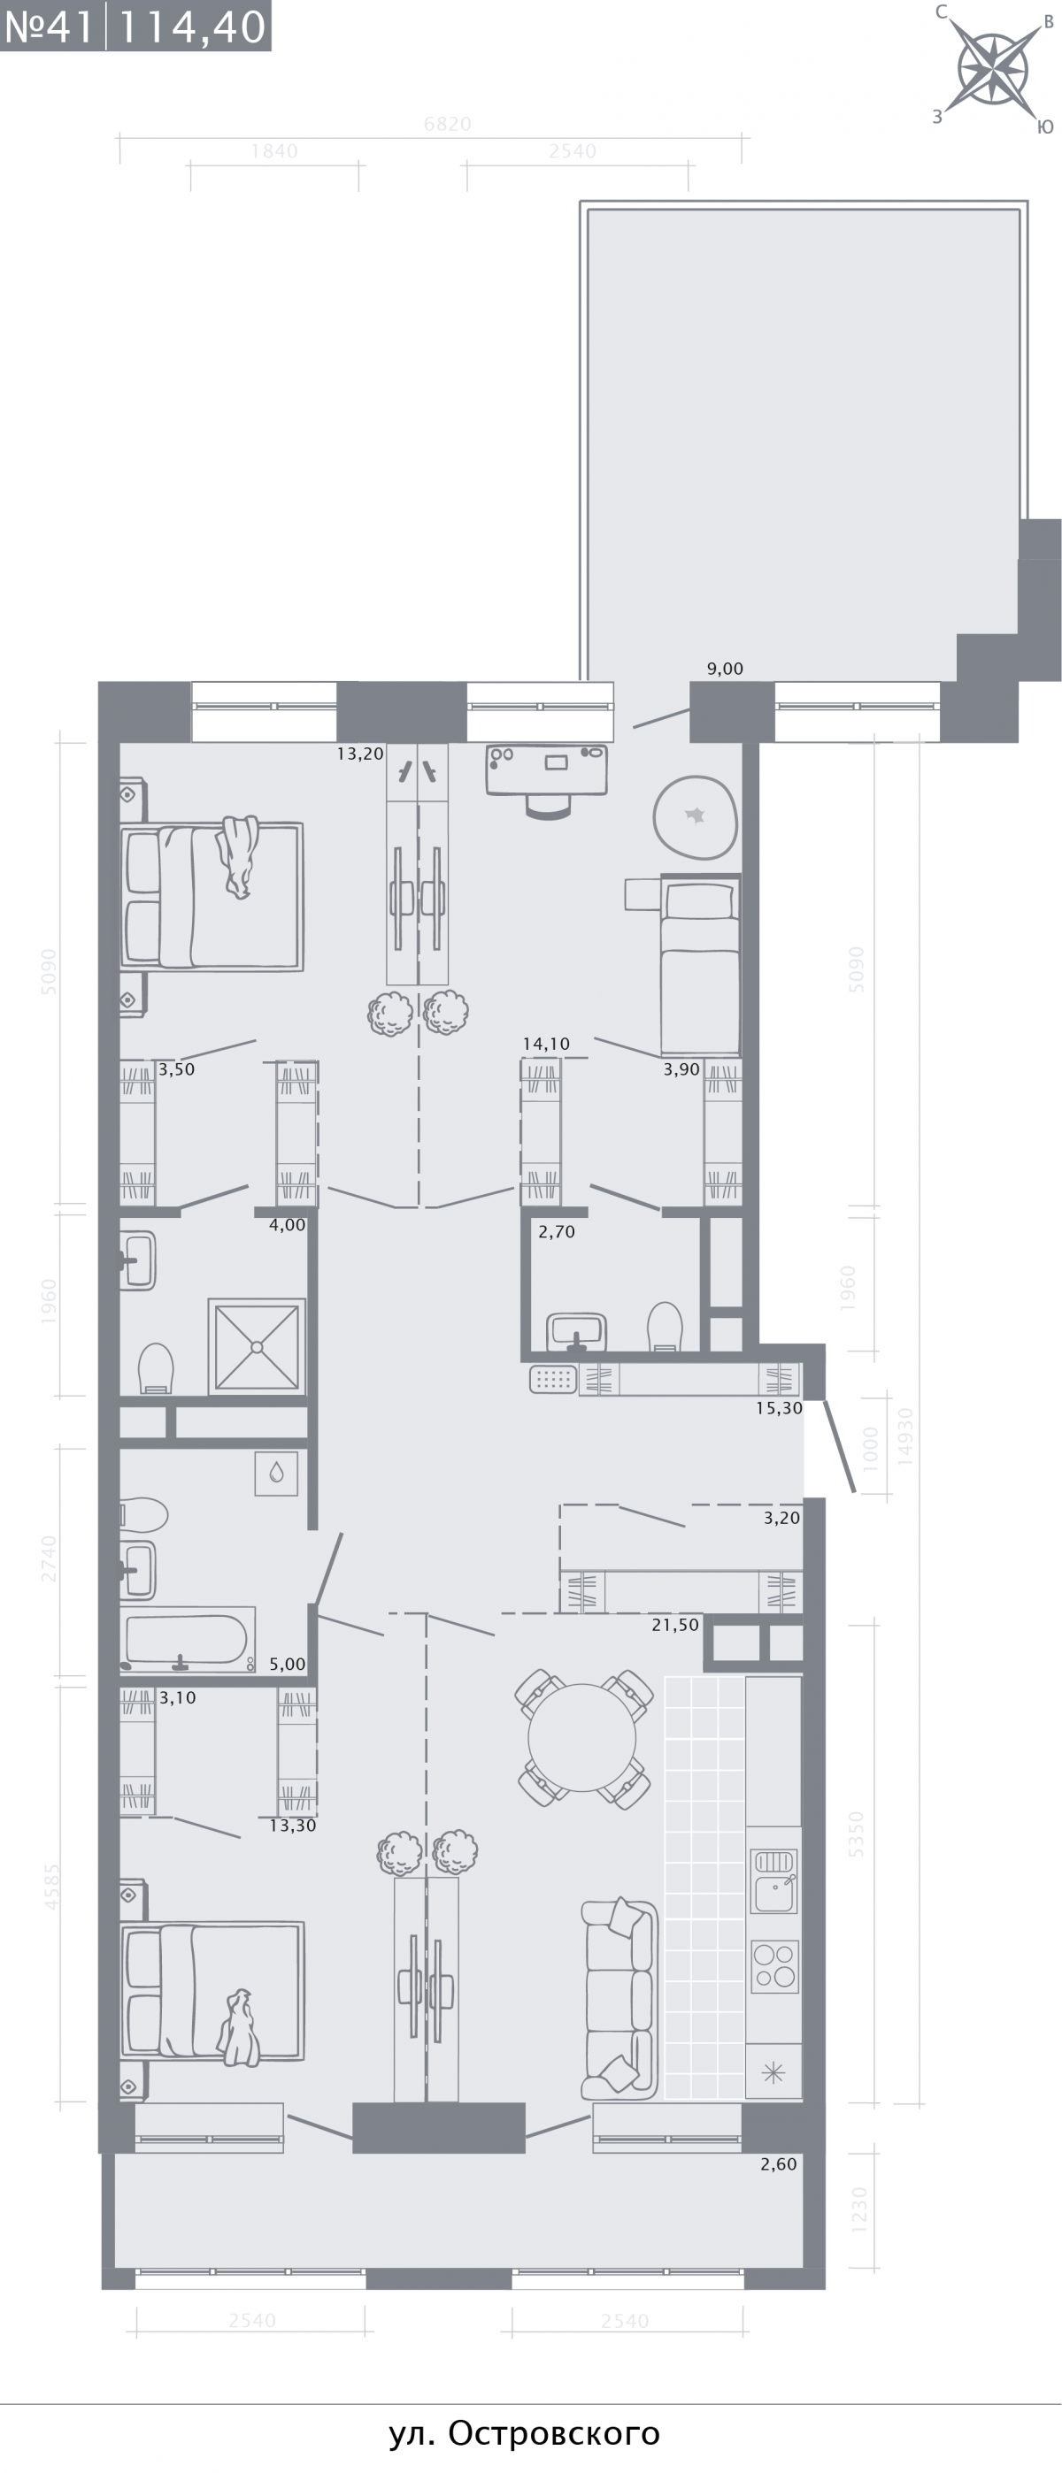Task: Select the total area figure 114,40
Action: [191, 27]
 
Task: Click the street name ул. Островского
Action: [524, 2433]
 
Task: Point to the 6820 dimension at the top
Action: [448, 124]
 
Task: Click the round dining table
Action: [582, 1736]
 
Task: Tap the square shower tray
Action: [257, 1346]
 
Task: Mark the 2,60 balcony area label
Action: [778, 2163]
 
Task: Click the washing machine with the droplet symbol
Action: [276, 1473]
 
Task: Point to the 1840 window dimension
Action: [274, 150]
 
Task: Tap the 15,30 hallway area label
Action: [779, 1408]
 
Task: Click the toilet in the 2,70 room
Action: [665, 1326]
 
